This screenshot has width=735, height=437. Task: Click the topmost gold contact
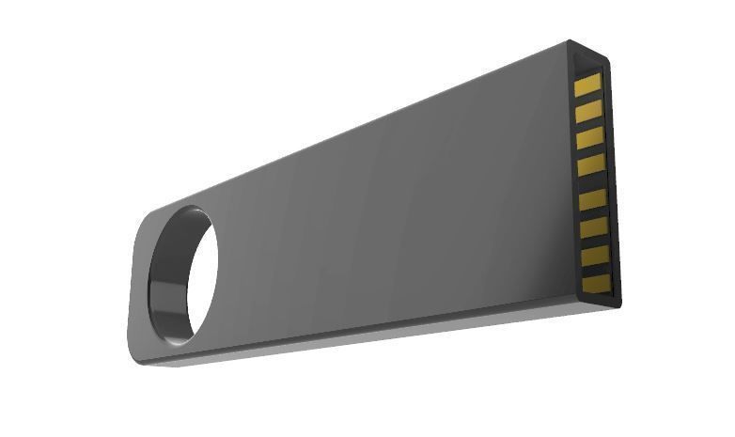(586, 86)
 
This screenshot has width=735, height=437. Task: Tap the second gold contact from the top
(588, 113)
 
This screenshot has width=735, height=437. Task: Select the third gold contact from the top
(589, 140)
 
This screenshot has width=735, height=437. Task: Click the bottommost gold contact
(598, 283)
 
